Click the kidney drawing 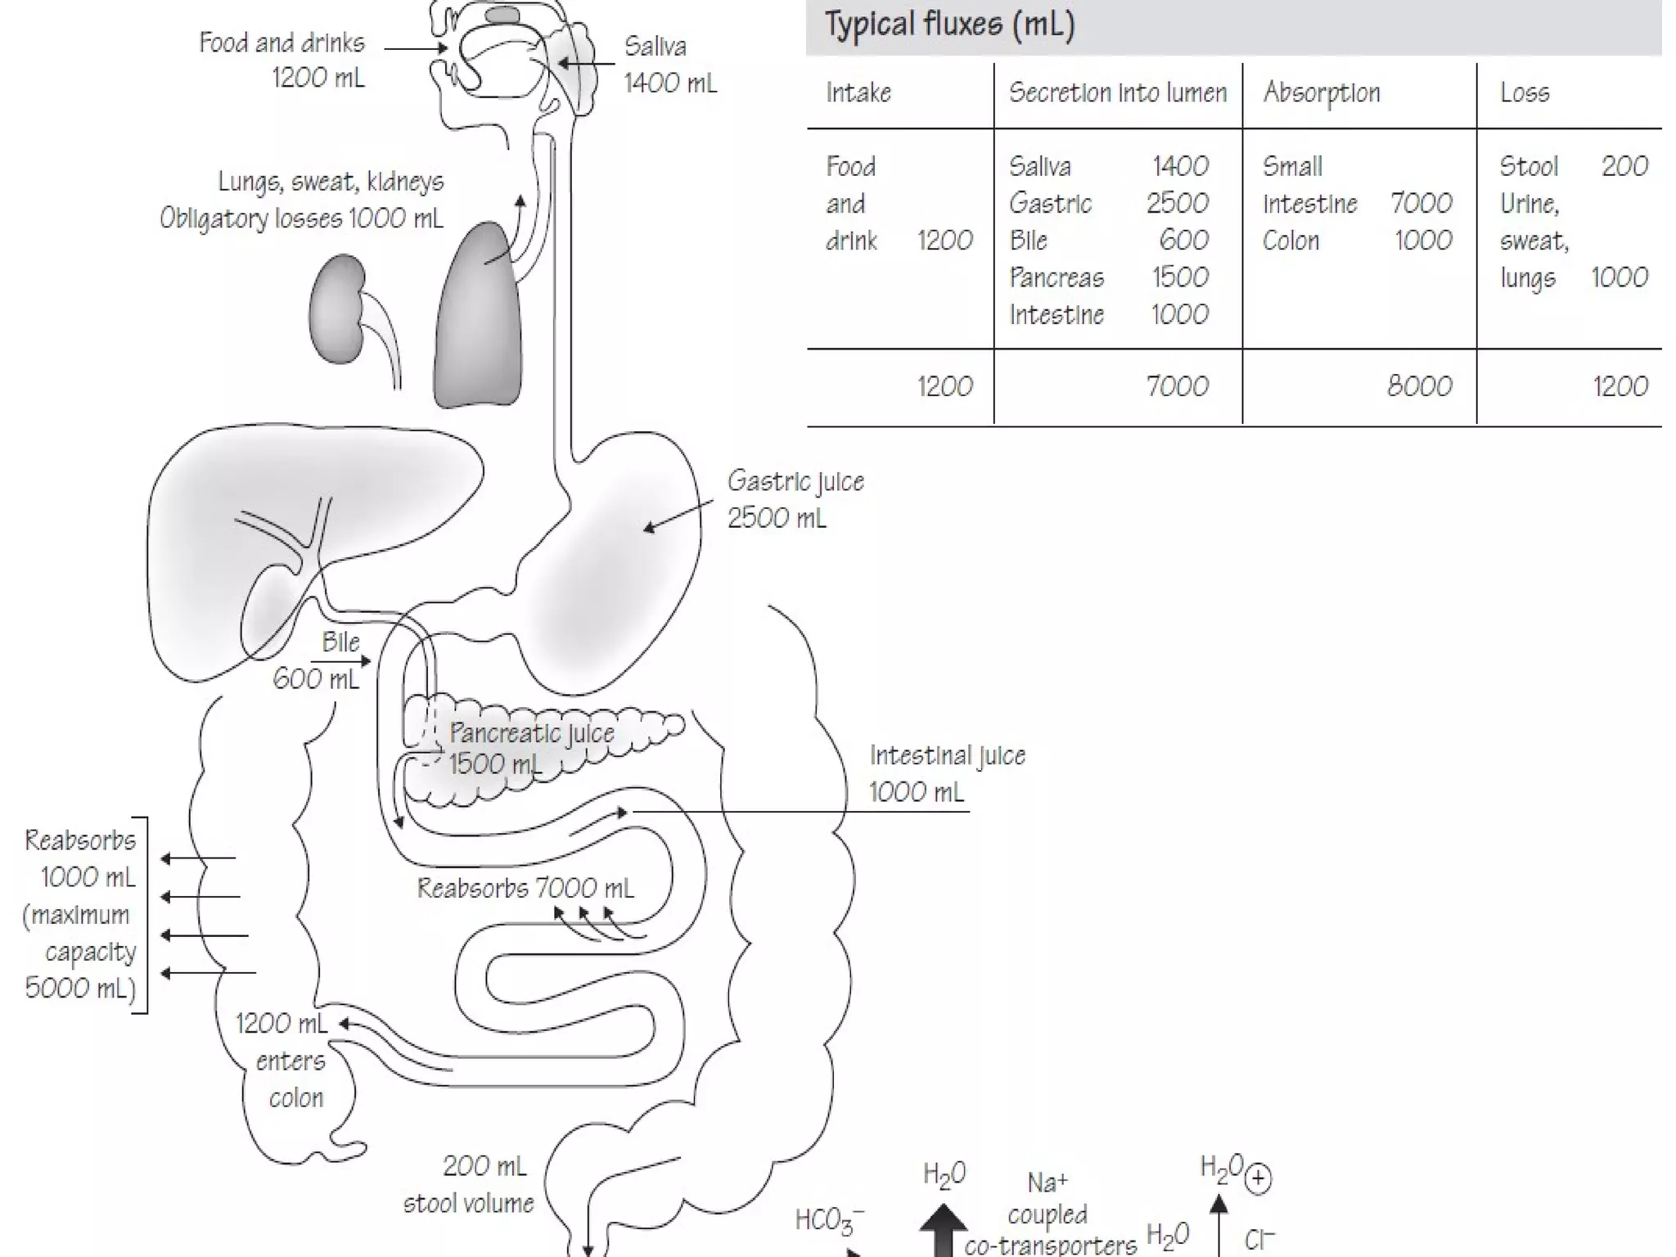pyautogui.click(x=337, y=309)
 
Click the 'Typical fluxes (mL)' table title pyautogui.click(x=949, y=25)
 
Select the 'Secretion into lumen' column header pyautogui.click(x=1118, y=93)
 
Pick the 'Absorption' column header pyautogui.click(x=1322, y=93)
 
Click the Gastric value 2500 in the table pyautogui.click(x=1178, y=203)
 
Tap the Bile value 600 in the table pyautogui.click(x=1183, y=240)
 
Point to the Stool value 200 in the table pyautogui.click(x=1624, y=166)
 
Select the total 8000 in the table pyautogui.click(x=1419, y=386)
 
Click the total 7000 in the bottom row pyautogui.click(x=1177, y=386)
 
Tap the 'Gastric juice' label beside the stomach pyautogui.click(x=795, y=481)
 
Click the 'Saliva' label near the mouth pyautogui.click(x=655, y=47)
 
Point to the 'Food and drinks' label pyautogui.click(x=282, y=43)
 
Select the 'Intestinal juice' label pyautogui.click(x=947, y=755)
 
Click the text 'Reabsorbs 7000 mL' pyautogui.click(x=525, y=888)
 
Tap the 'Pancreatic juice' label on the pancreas pyautogui.click(x=532, y=732)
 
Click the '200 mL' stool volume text pyautogui.click(x=484, y=1166)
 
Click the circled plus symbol pyautogui.click(x=1258, y=1178)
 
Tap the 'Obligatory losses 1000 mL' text pyautogui.click(x=301, y=219)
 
